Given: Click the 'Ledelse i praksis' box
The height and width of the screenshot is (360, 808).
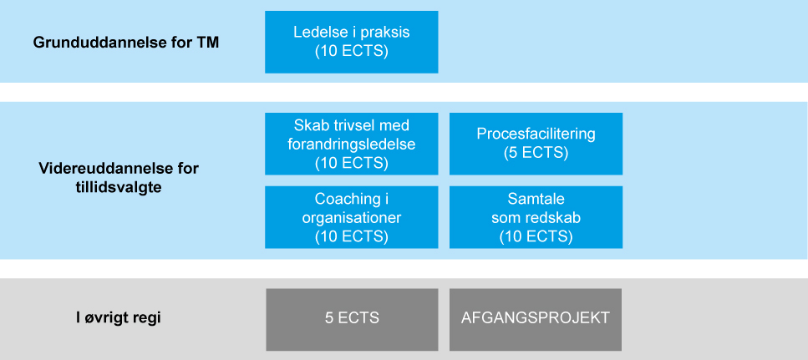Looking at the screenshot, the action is coord(352,43).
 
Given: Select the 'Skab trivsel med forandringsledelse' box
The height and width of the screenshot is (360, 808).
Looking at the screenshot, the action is coord(352,144).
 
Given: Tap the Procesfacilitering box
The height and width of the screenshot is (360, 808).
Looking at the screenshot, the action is coord(536,144).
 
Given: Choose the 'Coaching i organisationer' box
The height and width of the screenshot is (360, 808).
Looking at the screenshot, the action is coord(352,217).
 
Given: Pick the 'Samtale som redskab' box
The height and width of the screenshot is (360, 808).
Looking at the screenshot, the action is coord(536,217).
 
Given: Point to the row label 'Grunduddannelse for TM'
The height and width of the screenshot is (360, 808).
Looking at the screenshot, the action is coord(126,43).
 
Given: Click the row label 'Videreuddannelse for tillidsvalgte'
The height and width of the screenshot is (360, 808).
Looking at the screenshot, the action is coord(119,178).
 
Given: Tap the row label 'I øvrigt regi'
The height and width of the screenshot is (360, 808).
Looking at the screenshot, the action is coord(119,318).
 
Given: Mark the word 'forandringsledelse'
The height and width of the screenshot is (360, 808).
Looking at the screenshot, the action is coord(352,145).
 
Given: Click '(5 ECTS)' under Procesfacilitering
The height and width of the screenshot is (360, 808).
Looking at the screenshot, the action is coord(536,154).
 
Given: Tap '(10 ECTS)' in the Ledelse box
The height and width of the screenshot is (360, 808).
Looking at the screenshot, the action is coord(352,52).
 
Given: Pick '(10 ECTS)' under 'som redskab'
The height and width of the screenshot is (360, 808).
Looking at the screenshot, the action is coord(536,236).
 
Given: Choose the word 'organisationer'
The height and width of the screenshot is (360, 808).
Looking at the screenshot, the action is coord(352,217).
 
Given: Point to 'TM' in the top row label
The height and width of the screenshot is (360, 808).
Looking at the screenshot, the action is coord(208,43).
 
